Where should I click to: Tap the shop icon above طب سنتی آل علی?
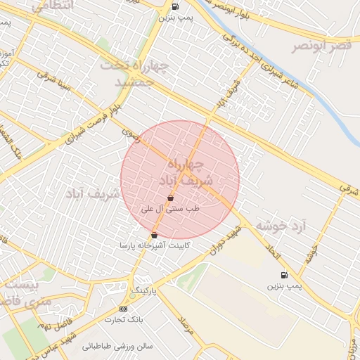click(x=170, y=199)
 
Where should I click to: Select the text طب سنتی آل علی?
click(x=170, y=209)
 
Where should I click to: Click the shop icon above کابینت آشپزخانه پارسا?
click(x=155, y=235)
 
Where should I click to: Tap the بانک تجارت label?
click(x=124, y=320)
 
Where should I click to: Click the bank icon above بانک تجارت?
click(x=124, y=309)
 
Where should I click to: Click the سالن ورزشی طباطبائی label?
click(x=118, y=346)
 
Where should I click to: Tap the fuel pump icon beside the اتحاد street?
click(x=283, y=275)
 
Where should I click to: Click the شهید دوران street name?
click(x=220, y=240)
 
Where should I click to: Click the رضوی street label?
click(x=131, y=134)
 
